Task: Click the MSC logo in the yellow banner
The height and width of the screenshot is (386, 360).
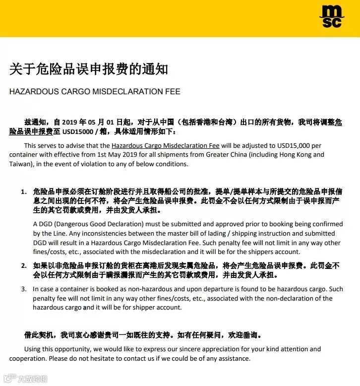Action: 331,16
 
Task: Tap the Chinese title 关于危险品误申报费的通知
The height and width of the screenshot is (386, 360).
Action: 89,69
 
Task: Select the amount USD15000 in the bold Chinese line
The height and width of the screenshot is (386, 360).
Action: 77,132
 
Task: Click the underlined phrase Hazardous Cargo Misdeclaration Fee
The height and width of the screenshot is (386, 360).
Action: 166,146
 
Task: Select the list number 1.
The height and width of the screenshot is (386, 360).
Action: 23,192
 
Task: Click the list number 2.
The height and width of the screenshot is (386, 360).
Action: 23,265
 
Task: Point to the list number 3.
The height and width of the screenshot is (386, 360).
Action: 23,289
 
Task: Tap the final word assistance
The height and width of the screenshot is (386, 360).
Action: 234,359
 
